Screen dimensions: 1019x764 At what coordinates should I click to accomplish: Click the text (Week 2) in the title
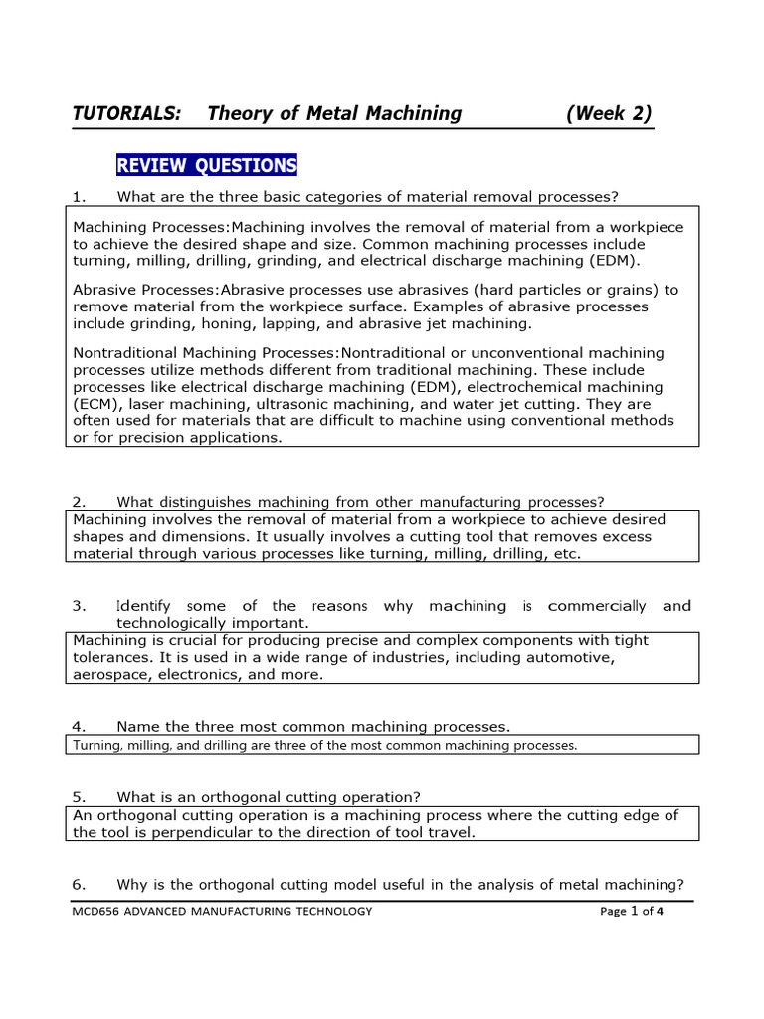609,113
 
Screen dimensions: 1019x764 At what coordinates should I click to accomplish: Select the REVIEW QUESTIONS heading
207,165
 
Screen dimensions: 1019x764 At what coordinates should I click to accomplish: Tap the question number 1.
79,195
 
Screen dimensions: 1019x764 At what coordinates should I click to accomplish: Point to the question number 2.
79,501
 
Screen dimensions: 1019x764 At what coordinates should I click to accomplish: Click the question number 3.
79,605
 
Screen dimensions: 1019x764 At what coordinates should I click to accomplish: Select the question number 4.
79,727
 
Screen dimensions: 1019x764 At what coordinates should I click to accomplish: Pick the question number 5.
79,797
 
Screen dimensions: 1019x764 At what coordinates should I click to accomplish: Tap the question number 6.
79,884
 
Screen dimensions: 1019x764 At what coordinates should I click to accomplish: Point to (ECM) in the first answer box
95,404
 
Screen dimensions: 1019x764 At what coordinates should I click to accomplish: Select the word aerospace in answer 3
110,674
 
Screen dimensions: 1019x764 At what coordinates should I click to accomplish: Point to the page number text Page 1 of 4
632,911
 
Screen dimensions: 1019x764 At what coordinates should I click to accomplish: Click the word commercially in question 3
594,605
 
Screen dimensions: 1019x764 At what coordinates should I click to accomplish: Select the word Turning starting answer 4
96,745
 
